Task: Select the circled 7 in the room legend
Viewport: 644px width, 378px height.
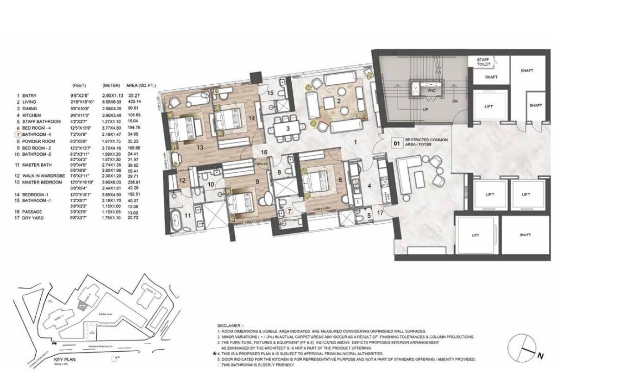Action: (x=18, y=135)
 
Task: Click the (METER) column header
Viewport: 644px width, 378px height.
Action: (x=111, y=86)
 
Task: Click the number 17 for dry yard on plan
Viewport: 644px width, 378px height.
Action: (x=381, y=214)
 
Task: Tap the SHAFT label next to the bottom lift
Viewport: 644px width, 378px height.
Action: (x=525, y=235)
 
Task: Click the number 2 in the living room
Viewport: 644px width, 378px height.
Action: (x=339, y=101)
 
